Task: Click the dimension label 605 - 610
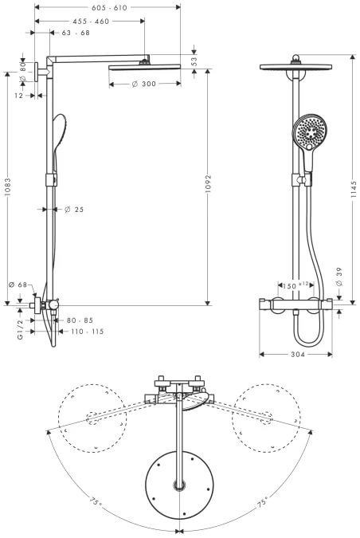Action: [109, 7]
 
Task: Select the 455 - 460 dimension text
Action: [91, 22]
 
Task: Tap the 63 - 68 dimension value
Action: [76, 33]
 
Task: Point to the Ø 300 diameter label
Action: [144, 84]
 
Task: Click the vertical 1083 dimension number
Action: [7, 187]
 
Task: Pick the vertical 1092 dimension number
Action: [208, 184]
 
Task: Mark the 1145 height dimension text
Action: [354, 190]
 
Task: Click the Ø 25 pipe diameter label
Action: [74, 210]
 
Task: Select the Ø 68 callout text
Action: [18, 285]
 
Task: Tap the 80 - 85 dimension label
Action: [80, 320]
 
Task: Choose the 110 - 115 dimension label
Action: [88, 332]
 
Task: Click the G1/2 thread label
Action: [20, 330]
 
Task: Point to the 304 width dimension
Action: [298, 355]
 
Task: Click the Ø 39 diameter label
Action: [339, 277]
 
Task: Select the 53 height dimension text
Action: [194, 61]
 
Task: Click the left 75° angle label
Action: [96, 501]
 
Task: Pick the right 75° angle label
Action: [263, 502]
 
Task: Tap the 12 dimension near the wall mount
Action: [18, 96]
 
